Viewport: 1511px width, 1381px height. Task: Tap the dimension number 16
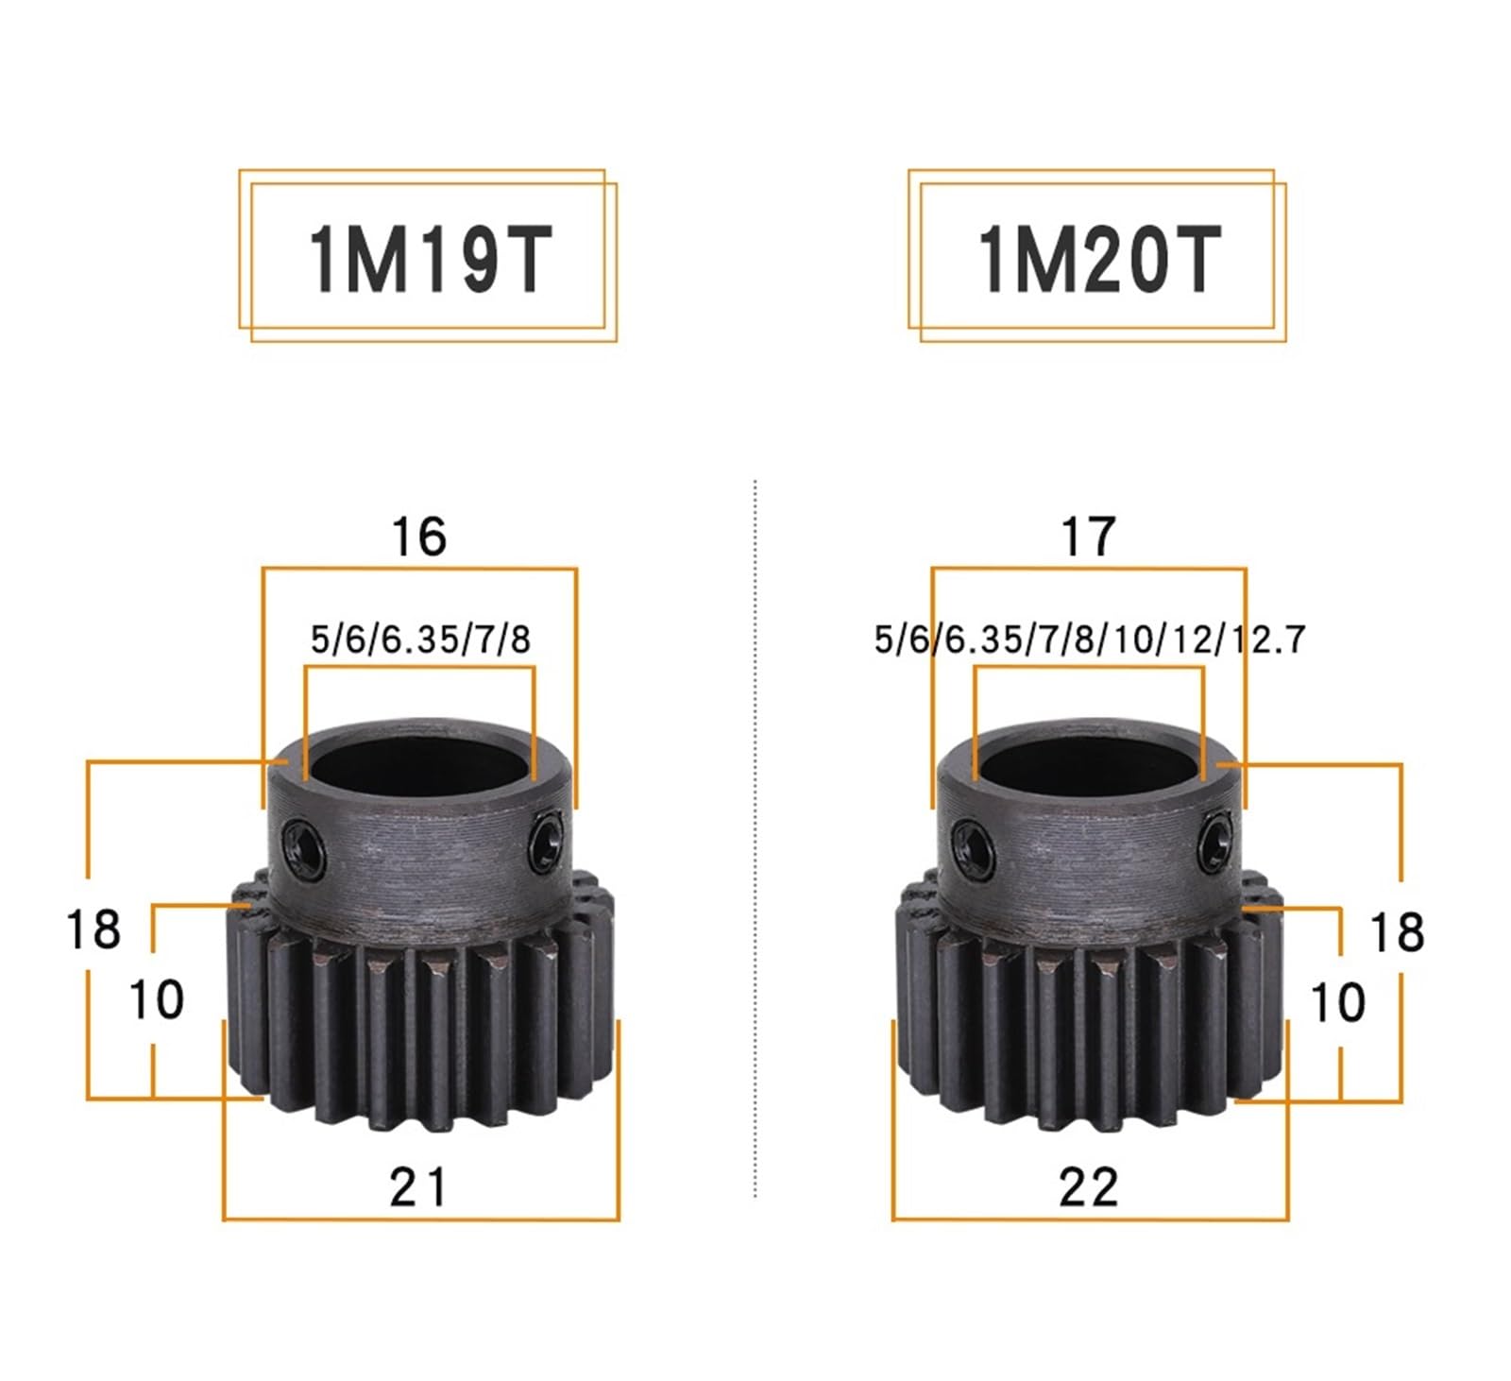(x=418, y=537)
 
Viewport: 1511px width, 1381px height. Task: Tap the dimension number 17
(x=1088, y=537)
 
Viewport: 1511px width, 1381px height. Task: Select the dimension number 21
(x=418, y=1186)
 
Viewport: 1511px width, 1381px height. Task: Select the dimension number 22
(x=1088, y=1186)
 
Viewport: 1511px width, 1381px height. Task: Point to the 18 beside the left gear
(x=93, y=929)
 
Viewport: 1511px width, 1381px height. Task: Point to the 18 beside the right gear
(x=1396, y=932)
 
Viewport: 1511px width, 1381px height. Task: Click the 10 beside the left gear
(x=156, y=999)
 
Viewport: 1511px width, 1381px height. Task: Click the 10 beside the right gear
(x=1337, y=1002)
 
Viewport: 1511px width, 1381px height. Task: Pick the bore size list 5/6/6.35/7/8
(x=420, y=639)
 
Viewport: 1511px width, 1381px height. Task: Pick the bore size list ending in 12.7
(x=1089, y=639)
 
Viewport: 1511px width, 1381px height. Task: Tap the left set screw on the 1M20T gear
(x=973, y=840)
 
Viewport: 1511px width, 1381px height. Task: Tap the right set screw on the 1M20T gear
(x=1216, y=840)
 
